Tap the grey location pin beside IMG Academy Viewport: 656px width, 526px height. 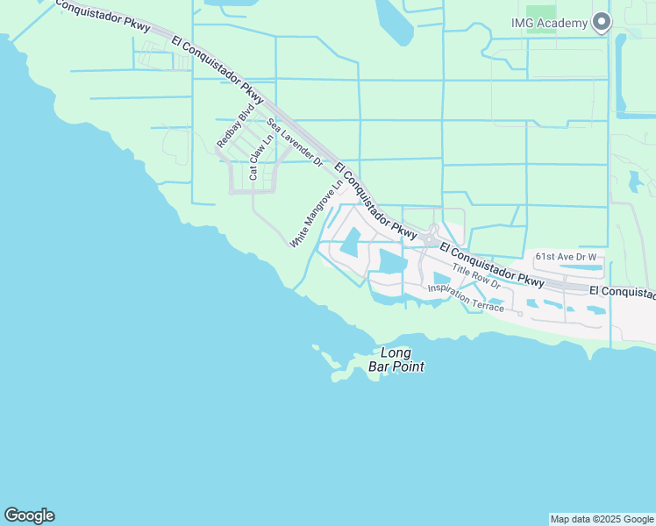coord(601,22)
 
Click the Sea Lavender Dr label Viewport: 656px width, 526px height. coord(296,141)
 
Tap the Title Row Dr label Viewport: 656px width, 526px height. coord(476,278)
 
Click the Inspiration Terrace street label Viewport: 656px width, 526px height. coord(466,296)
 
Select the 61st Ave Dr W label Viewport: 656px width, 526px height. coord(566,256)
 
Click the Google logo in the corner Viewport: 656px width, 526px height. coord(29,515)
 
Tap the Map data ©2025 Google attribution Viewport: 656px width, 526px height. coord(602,519)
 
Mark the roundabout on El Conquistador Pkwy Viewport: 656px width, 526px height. coord(429,238)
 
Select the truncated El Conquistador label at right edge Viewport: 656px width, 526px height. coord(622,289)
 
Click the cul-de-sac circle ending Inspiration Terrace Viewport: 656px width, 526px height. coord(520,313)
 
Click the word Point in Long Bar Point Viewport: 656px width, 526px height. coord(409,366)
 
